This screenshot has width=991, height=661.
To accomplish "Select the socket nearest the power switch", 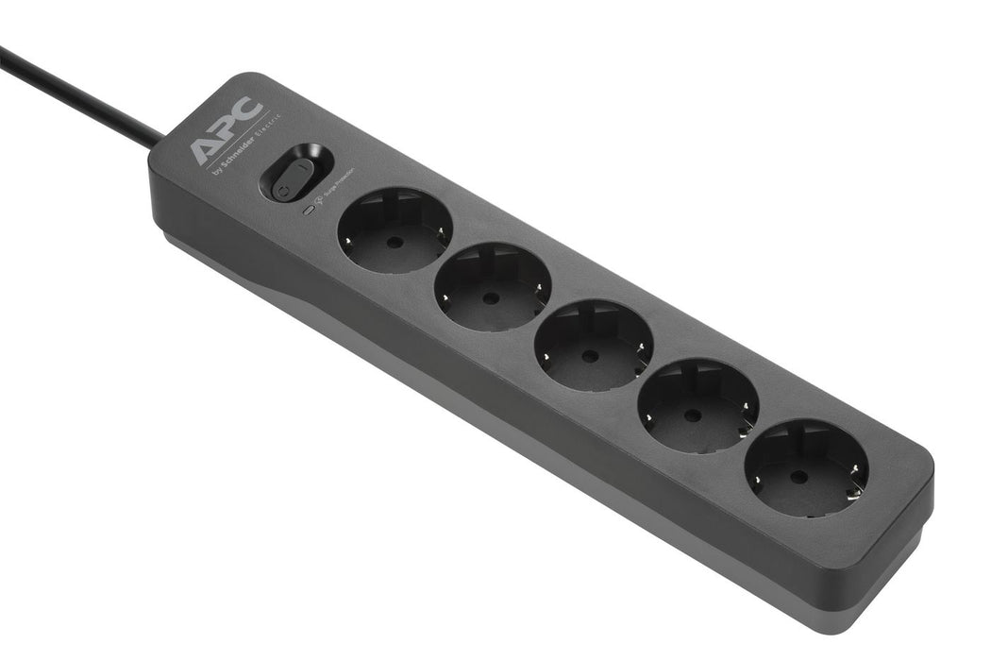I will click(395, 230).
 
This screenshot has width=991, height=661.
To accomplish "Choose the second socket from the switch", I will click(493, 287).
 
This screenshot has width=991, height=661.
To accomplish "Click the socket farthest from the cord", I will click(806, 467).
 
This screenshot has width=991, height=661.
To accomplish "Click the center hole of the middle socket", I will click(591, 356).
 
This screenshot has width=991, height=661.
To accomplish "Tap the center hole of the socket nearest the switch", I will click(395, 242).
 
